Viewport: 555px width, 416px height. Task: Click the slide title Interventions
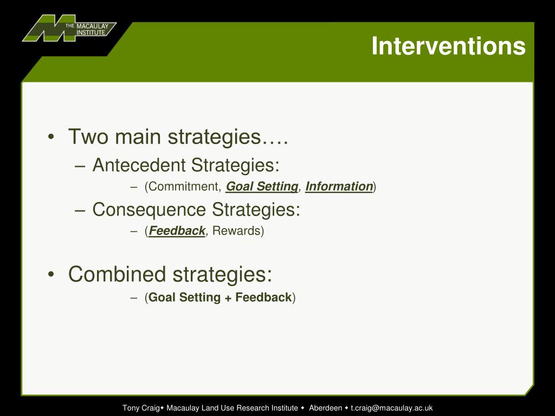[448, 47]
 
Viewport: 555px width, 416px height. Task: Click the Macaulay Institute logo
[68, 29]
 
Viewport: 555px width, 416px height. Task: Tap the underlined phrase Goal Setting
[262, 187]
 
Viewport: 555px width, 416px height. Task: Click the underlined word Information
[339, 187]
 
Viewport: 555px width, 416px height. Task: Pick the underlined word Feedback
[177, 231]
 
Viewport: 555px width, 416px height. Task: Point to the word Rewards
[237, 231]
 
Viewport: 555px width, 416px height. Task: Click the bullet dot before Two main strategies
[50, 137]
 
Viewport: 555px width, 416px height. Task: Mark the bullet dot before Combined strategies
[50, 275]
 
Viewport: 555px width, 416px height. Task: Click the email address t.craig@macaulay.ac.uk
[391, 408]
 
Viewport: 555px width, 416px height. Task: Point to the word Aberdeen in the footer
[325, 408]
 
